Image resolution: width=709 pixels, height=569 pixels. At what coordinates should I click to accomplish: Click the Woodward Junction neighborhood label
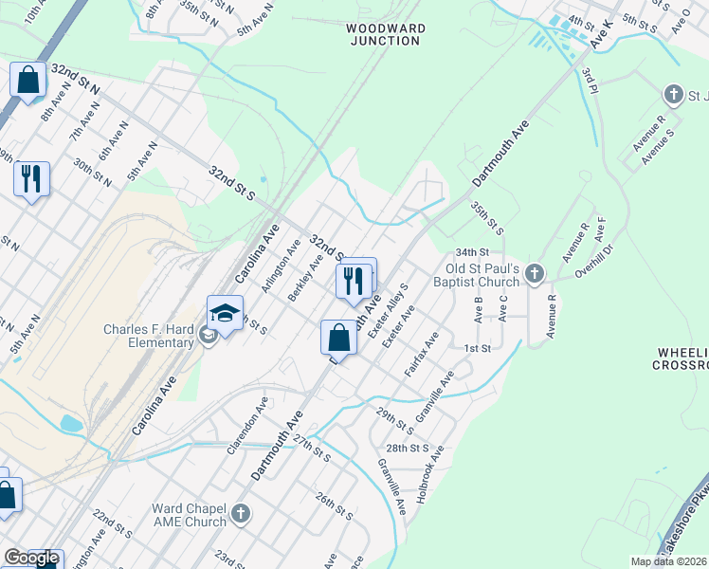tap(385, 35)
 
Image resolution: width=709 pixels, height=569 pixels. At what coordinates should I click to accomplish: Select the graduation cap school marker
tap(226, 314)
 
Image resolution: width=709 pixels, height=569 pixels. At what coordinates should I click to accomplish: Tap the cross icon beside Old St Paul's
tap(535, 274)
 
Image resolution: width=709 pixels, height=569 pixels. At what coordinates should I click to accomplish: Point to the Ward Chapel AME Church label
tap(190, 515)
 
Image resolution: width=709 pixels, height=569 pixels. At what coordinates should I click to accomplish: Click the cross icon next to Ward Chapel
tap(241, 514)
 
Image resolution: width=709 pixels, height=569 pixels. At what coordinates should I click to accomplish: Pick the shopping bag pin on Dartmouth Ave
tap(338, 338)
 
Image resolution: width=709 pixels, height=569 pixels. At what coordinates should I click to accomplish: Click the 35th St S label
tap(486, 215)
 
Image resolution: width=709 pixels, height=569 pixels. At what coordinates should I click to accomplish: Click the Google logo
tap(31, 559)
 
